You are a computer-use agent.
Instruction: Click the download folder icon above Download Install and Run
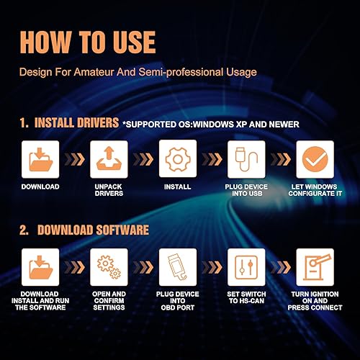[40, 267]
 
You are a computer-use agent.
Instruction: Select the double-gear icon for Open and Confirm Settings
[109, 267]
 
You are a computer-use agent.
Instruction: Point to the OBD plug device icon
[176, 267]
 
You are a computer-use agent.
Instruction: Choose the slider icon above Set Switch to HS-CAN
[246, 267]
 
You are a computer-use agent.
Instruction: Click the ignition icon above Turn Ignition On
[315, 267]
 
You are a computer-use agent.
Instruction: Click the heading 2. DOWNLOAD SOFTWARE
[84, 230]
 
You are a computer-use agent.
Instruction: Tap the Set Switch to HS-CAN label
[246, 299]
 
